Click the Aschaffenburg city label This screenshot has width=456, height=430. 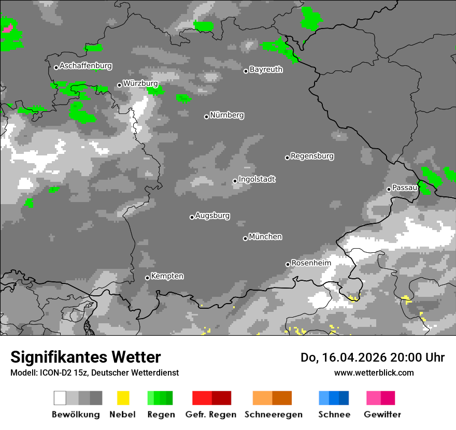85,66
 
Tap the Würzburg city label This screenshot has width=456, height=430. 140,83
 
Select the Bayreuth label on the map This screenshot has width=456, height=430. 266,69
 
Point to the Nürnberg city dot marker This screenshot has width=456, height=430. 206,117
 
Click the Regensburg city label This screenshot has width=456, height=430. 312,156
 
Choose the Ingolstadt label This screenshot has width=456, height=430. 256,179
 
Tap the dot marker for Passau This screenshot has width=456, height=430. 389,189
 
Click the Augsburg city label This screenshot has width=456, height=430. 212,216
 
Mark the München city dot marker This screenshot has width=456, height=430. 245,238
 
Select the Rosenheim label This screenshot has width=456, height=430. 311,263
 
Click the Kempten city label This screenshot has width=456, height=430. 167,276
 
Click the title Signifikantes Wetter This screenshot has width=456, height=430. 85,357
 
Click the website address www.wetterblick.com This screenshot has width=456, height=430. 374,372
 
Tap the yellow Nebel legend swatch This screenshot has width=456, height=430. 123,398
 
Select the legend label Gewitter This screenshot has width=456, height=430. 382,414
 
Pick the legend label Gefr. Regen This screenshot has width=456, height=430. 210,414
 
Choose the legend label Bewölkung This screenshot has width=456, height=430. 76,414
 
